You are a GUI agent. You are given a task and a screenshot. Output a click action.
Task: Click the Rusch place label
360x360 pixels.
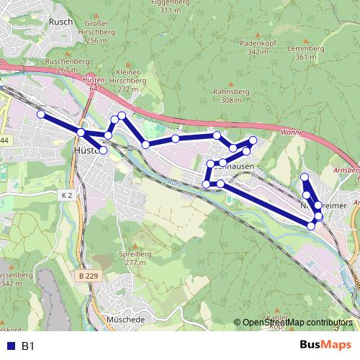(58, 22)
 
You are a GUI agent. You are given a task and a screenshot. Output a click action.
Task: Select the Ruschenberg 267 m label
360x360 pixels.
(61, 66)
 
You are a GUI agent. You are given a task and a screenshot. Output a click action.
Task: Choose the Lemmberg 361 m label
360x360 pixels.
(301, 53)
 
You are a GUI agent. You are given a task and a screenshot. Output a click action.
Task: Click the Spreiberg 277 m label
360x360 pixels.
(135, 258)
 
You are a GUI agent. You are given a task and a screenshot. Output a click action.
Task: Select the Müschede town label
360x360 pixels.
(125, 319)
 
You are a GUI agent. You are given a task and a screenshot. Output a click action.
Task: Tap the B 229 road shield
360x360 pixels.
(89, 276)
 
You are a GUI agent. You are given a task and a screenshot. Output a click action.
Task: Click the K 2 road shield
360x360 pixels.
(68, 195)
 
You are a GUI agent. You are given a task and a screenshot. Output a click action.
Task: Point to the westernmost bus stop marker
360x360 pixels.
(41, 114)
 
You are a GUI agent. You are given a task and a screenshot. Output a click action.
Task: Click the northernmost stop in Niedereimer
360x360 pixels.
(304, 177)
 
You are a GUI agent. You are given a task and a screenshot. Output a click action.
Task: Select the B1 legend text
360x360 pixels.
(28, 346)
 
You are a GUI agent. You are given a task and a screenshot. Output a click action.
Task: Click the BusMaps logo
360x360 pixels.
(325, 346)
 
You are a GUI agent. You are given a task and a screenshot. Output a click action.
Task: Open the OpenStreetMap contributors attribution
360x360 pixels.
(297, 323)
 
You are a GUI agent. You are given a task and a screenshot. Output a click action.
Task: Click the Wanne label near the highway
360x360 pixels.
(291, 132)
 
